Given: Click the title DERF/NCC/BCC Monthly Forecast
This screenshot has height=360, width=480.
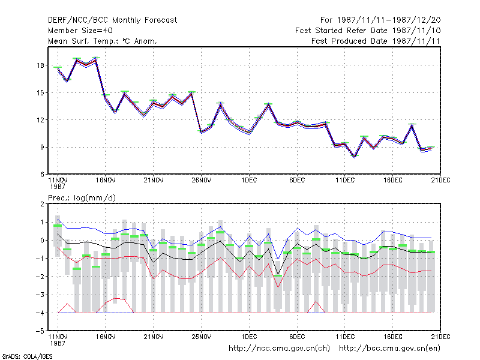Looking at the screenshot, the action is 112,20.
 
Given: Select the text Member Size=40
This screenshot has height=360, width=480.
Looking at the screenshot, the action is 80,31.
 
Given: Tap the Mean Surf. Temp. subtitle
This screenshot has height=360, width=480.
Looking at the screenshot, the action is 103,41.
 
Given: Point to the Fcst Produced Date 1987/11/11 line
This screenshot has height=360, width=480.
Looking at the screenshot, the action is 376,41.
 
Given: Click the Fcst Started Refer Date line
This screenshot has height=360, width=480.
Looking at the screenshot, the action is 368,31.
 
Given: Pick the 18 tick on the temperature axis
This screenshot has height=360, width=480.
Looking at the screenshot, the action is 41,65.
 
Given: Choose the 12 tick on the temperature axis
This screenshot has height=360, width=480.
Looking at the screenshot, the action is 41,120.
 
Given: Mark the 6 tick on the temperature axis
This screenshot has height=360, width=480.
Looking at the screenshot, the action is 42,175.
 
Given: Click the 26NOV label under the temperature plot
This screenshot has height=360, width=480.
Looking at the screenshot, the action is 202,181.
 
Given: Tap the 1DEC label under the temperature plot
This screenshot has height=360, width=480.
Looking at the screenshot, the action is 249,181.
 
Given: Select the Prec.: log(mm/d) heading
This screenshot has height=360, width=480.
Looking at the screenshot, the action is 82,198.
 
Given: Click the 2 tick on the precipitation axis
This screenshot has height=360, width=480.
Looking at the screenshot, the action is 42,204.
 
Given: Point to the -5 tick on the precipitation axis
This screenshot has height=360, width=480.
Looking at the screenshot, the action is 40,331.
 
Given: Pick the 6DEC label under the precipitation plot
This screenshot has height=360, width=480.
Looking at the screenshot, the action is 297,337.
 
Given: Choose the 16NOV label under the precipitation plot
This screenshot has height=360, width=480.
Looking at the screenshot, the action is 106,337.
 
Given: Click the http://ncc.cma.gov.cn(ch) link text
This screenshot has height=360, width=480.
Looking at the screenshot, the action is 279,349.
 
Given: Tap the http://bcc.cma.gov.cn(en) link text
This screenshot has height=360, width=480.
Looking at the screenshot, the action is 389,349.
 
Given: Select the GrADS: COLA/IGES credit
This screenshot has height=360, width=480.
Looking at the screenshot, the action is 27,356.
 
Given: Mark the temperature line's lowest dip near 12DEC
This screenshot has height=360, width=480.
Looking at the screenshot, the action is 355,157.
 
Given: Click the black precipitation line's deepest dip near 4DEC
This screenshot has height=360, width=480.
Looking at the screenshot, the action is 278,274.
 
